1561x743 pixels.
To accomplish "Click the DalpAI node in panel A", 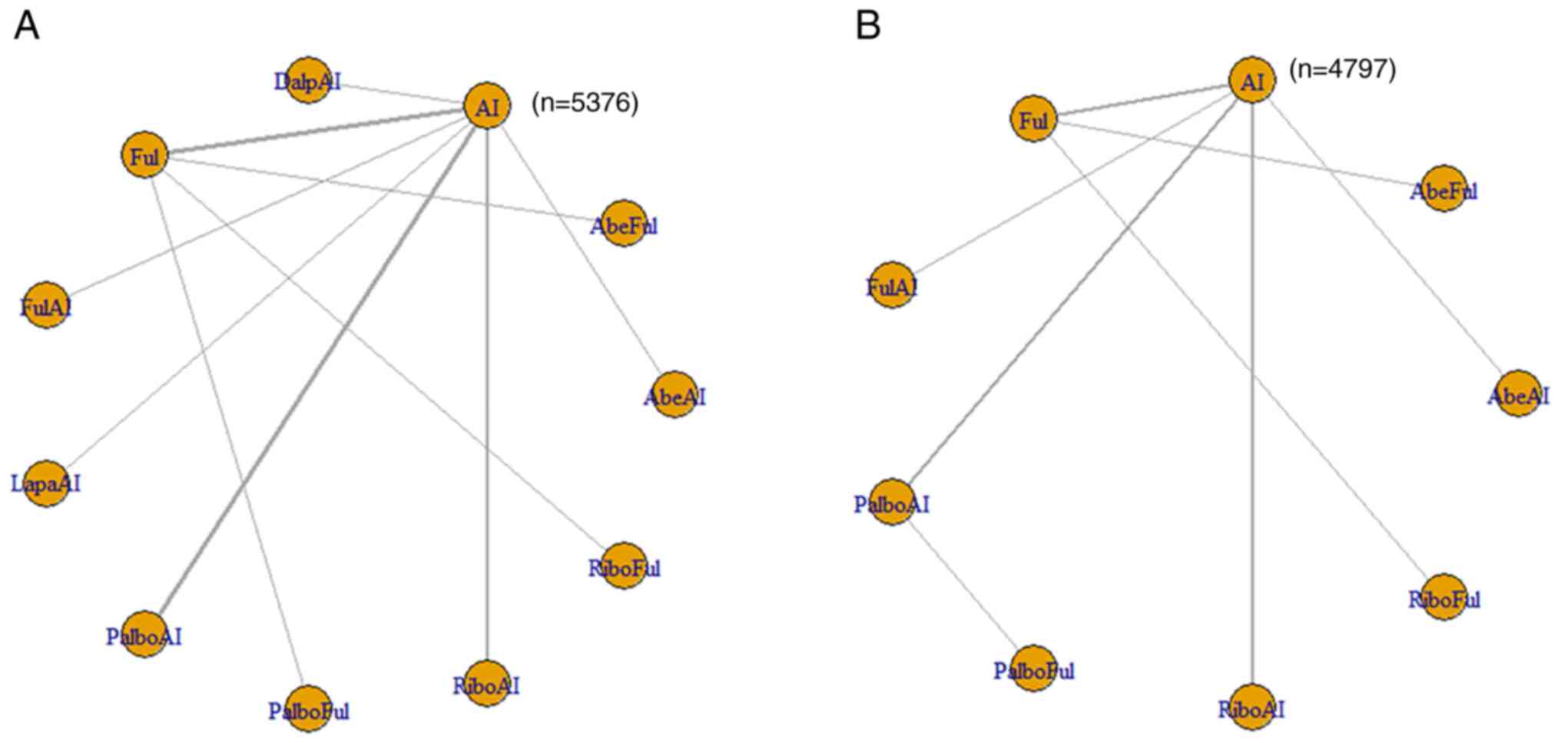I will (308, 80).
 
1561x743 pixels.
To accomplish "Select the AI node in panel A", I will (487, 107).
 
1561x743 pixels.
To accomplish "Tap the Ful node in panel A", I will (144, 156).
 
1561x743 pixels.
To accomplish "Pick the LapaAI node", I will (47, 483).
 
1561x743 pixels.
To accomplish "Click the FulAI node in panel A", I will (47, 306).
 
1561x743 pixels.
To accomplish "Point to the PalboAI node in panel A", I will (144, 635).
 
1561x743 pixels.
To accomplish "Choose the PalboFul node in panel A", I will (308, 708).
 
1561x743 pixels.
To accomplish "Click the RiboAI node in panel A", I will (487, 684).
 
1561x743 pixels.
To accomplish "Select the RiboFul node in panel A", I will (624, 566).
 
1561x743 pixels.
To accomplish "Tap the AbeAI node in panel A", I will (674, 395).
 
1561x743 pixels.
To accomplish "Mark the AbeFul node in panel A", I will (624, 224).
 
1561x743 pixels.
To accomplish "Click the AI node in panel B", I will (1252, 80).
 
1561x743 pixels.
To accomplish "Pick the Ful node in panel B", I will (1033, 120).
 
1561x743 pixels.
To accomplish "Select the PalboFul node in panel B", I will (1033, 668).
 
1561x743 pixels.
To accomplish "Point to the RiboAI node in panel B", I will (1252, 707).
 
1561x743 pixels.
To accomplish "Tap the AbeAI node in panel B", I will (1518, 394).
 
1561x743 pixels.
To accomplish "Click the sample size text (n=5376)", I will (585, 103).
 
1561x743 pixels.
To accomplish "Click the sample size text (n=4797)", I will (1342, 69).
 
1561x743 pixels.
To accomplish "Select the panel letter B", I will (868, 26).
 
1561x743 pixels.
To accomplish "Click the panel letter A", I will (26, 26).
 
